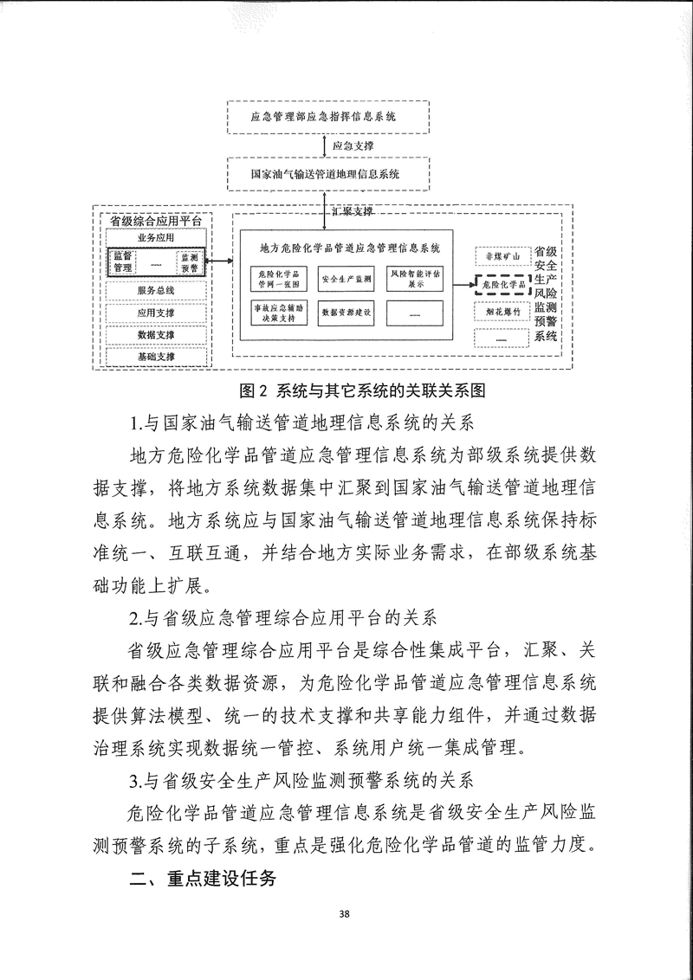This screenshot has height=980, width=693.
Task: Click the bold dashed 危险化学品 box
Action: (502, 283)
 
